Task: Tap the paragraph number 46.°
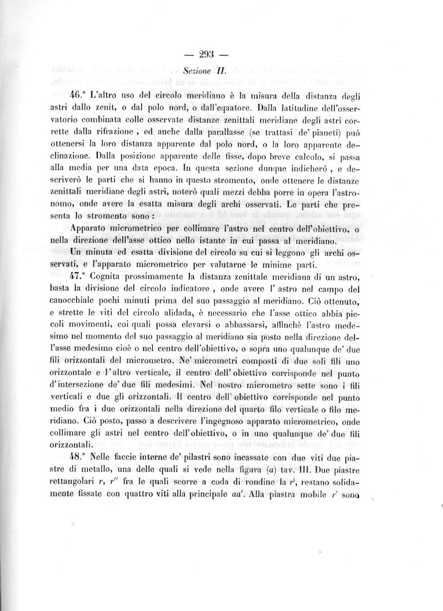[78, 94]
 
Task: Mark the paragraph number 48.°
[78, 456]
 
